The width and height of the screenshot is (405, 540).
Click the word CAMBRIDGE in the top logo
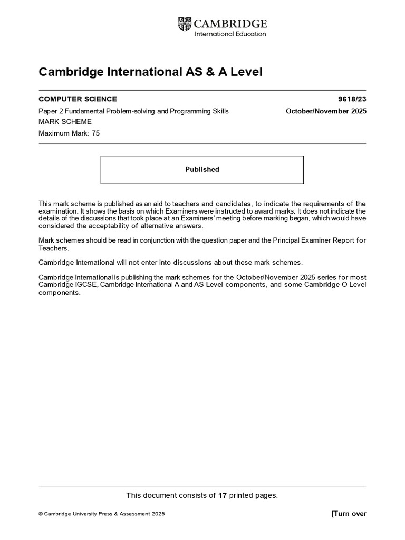tap(231, 24)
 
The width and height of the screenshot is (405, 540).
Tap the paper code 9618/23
tap(352, 99)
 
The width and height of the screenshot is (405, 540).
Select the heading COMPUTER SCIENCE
tap(78, 99)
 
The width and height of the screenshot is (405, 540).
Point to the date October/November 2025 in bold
tap(326, 111)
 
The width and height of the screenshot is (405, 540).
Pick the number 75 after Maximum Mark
tap(95, 133)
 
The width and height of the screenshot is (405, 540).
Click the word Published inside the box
tap(202, 169)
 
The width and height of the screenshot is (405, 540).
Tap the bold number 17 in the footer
tap(223, 495)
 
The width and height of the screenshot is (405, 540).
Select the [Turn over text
tap(349, 514)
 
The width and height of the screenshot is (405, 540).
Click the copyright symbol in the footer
tap(41, 514)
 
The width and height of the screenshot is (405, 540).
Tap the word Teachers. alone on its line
tap(54, 248)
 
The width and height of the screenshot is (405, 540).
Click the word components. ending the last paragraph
tap(60, 293)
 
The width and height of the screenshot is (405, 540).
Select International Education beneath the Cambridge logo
tap(230, 34)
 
